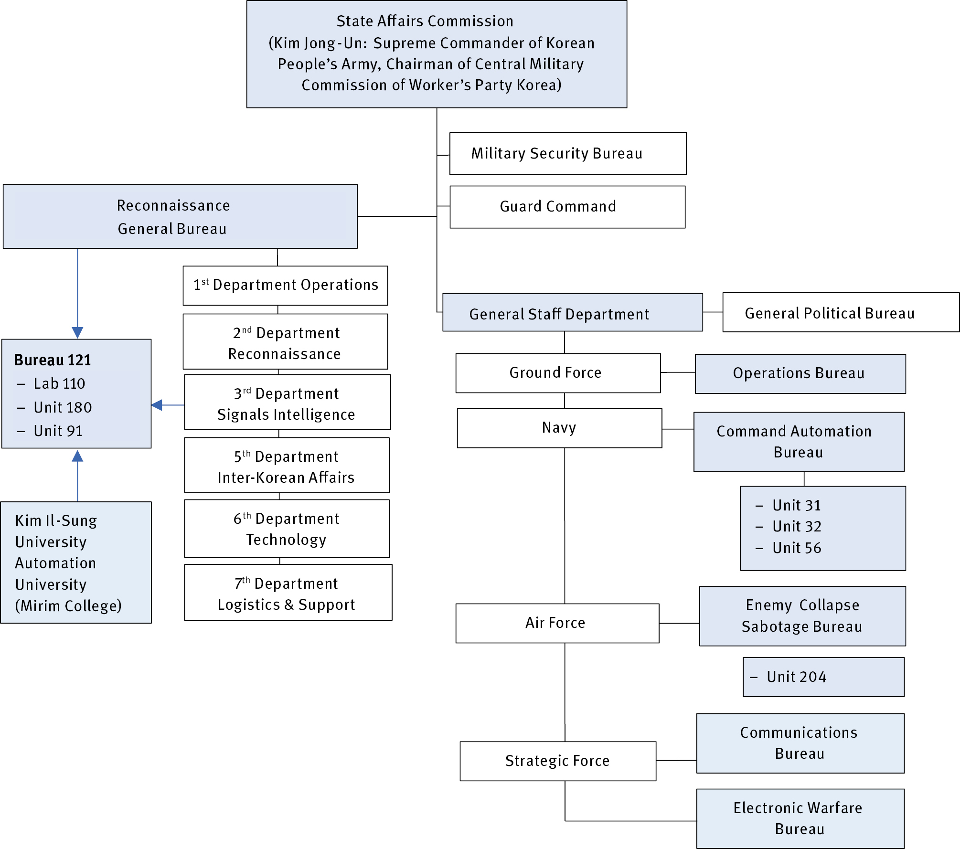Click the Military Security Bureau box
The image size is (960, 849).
[567, 154]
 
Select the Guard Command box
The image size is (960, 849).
[567, 207]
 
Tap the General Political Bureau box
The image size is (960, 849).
[840, 313]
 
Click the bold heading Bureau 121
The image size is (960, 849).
[53, 360]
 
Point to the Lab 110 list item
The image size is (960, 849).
[59, 383]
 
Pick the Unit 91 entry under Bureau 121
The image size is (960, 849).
[58, 431]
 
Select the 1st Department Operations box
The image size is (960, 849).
[285, 286]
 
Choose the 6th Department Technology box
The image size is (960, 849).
[287, 529]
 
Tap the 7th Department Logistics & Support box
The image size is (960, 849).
[288, 593]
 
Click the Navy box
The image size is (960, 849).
[559, 428]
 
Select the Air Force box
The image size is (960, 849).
[557, 623]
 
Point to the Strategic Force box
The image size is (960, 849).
[557, 761]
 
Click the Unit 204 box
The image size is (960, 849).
[823, 677]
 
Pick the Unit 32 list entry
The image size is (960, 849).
[797, 526]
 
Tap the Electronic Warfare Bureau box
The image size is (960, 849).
[800, 818]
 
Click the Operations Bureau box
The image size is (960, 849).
[800, 373]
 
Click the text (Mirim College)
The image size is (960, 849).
[68, 606]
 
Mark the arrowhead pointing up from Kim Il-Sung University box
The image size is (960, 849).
[77, 456]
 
